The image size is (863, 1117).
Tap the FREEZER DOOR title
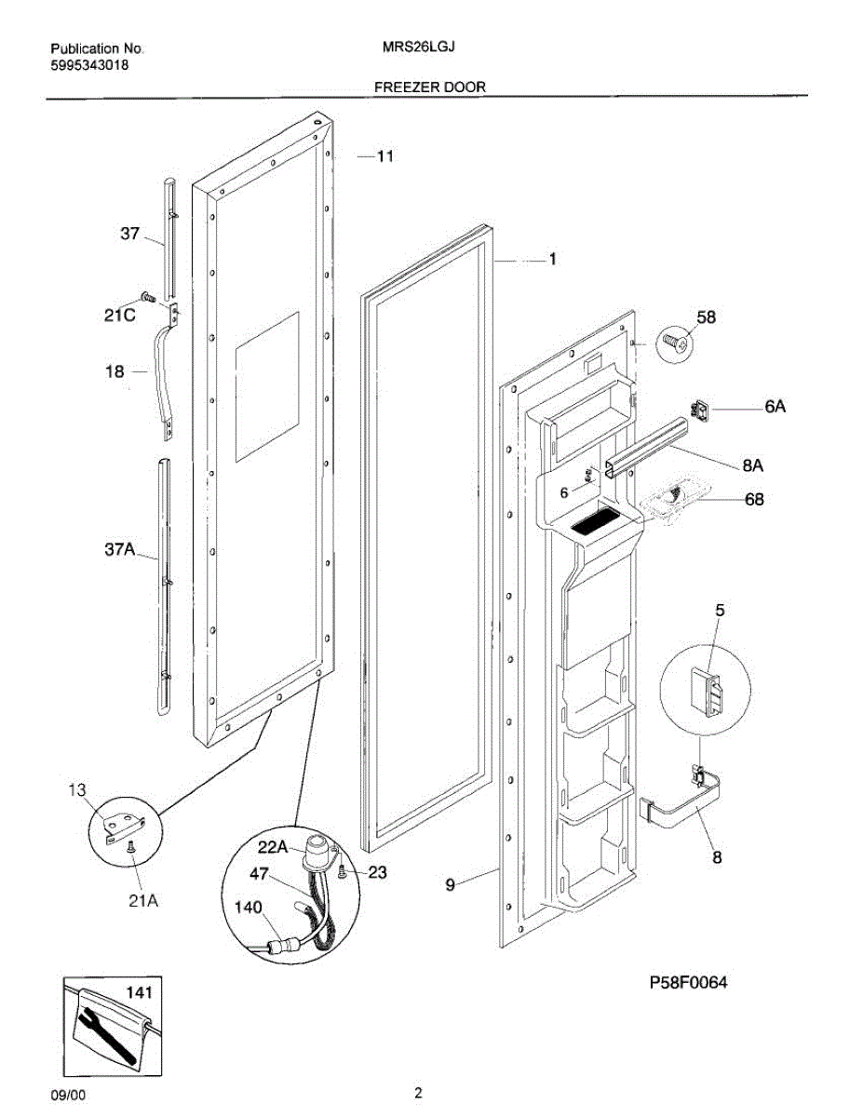(430, 87)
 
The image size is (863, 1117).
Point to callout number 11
(384, 156)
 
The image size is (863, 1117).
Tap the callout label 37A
(120, 551)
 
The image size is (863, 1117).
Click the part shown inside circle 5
(708, 692)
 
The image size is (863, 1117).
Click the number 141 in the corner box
(137, 993)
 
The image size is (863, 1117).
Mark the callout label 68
(754, 500)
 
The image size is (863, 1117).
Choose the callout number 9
(450, 885)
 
